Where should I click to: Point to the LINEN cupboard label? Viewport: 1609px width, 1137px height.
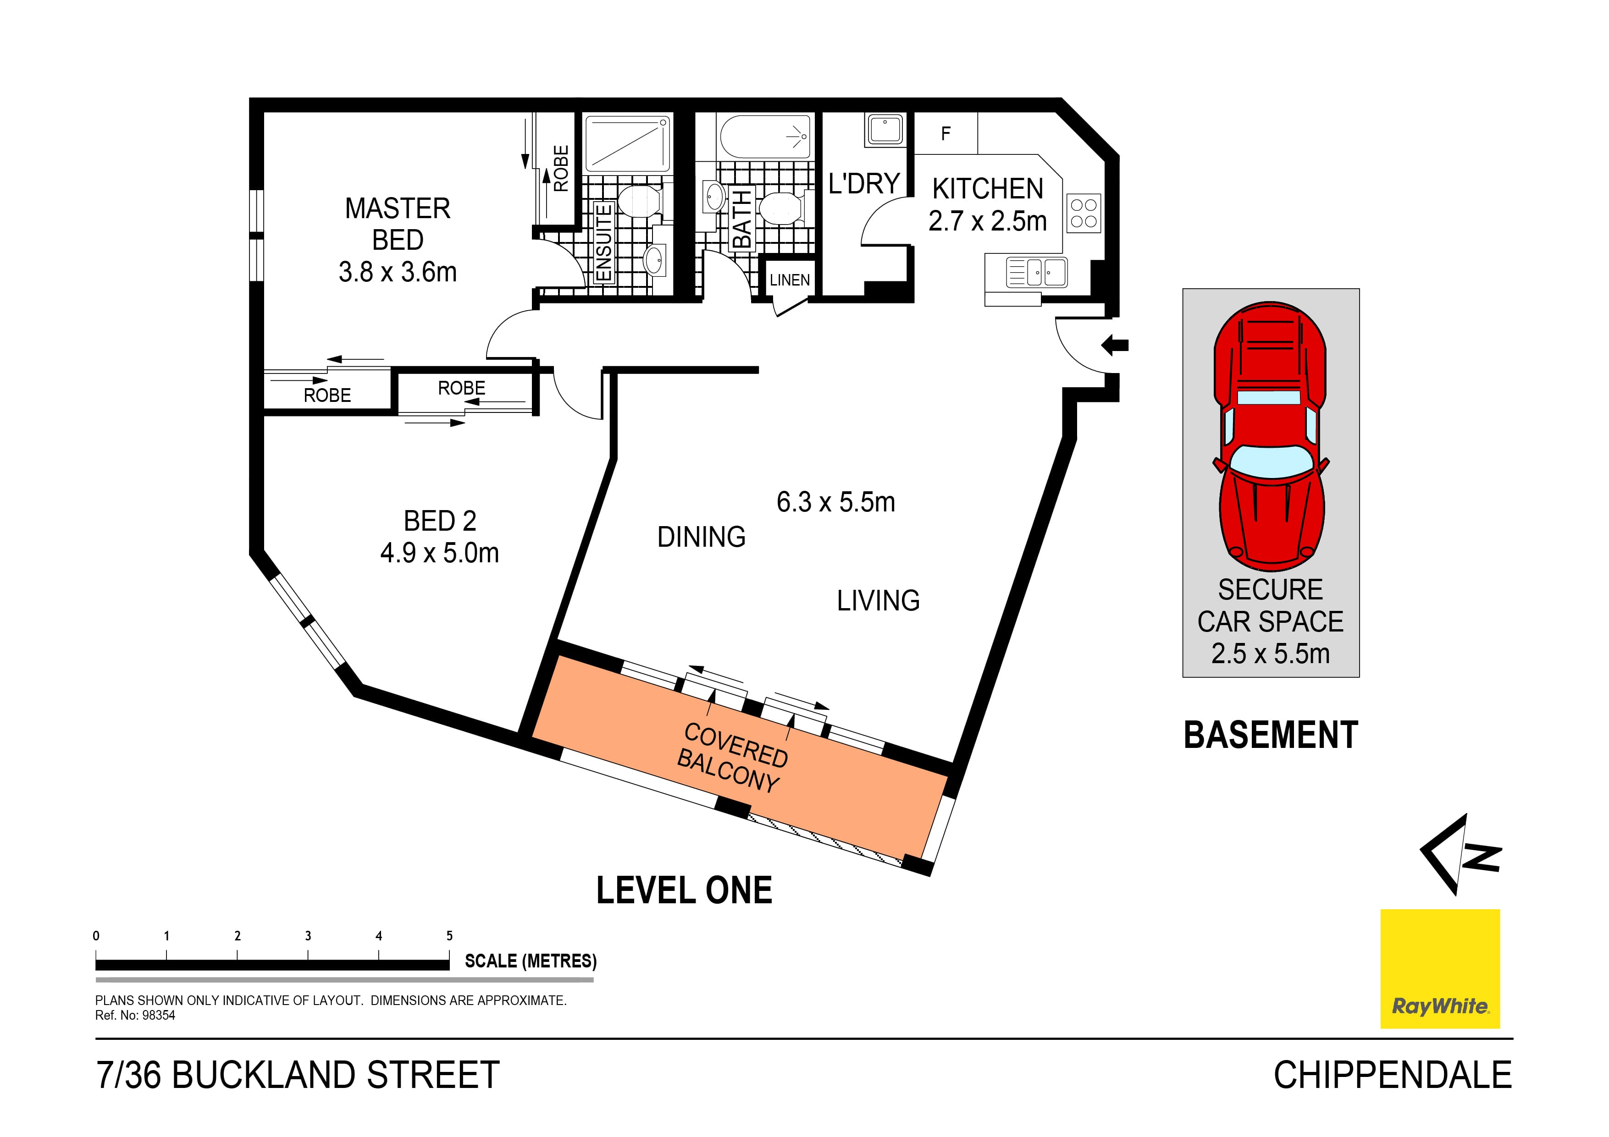[x=789, y=280]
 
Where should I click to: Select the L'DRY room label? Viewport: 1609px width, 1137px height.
[x=863, y=184]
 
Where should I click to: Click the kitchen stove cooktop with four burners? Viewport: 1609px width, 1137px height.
[x=1084, y=214]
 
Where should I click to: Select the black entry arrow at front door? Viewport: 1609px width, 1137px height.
[x=1115, y=345]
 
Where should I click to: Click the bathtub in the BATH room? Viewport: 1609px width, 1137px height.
[x=765, y=137]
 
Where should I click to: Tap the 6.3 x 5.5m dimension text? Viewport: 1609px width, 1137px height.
[x=835, y=502]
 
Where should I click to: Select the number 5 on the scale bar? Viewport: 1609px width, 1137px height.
[x=449, y=936]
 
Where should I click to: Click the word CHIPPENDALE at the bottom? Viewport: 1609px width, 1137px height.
[x=1393, y=1075]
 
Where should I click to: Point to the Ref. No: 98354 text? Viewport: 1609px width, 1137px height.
[x=135, y=1015]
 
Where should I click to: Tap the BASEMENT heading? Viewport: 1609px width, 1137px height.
[x=1271, y=736]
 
